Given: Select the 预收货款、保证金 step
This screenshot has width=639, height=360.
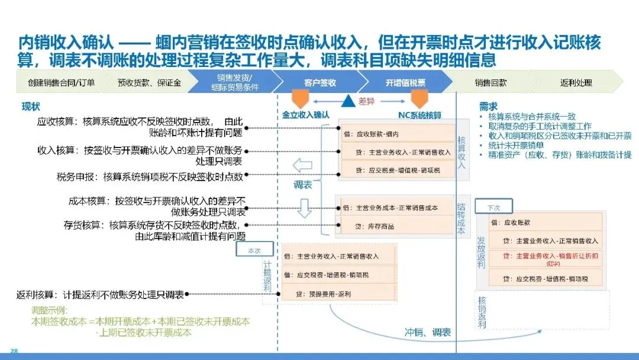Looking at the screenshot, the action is (141, 82).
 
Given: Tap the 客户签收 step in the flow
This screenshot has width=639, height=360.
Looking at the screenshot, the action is (320, 82).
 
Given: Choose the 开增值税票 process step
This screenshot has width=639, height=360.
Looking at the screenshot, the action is (405, 82).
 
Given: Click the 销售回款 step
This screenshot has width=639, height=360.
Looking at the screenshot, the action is (490, 82).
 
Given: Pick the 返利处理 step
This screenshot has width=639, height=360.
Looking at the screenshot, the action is (576, 82).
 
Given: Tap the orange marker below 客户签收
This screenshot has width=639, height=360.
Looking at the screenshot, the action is (301, 98).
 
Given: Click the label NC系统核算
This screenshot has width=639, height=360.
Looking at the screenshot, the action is (420, 115).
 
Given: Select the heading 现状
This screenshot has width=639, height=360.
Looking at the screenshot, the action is (31, 107).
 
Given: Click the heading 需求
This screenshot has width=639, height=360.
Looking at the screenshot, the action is (488, 107).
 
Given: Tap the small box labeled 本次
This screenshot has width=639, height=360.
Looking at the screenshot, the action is (254, 250).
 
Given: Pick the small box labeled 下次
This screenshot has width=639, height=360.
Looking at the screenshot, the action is (493, 208).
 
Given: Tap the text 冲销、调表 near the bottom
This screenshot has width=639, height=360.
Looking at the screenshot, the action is (427, 332).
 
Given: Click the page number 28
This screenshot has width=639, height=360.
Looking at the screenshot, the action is (14, 351).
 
